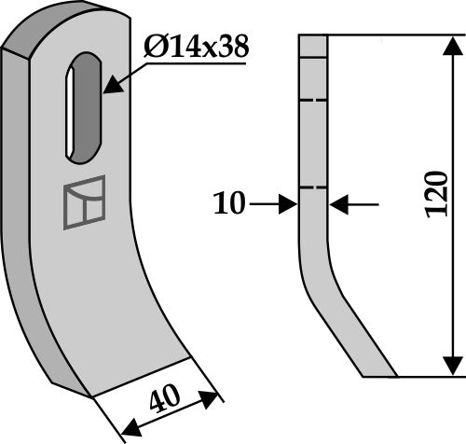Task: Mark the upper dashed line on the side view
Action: click(313, 100)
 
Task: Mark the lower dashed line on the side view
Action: click(313, 188)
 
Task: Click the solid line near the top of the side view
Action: click(313, 56)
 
